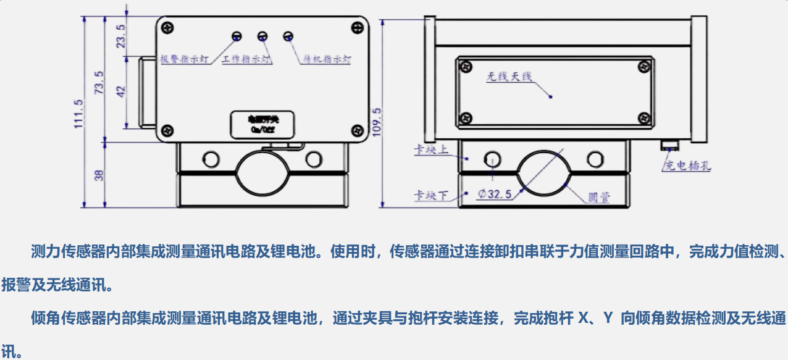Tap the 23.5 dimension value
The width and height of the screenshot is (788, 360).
121,36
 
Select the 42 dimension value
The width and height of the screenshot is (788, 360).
121,91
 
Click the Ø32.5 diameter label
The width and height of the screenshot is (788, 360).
495,194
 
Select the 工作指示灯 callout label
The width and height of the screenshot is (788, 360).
247,60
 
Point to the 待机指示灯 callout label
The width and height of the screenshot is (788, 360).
327,60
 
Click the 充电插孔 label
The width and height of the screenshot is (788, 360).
686,166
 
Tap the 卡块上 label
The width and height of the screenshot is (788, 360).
430,150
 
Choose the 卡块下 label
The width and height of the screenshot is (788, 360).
430,196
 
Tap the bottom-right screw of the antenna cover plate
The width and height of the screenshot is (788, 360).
645,116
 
